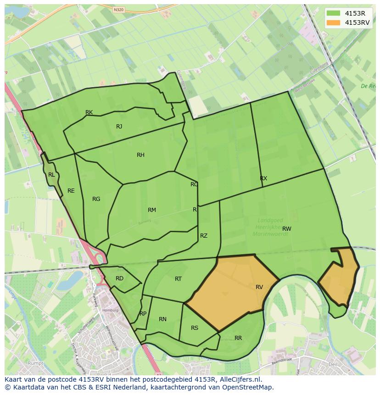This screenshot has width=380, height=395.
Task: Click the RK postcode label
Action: click(89, 112)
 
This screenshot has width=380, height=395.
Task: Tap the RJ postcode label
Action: click(119, 127)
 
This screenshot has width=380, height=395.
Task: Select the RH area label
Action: click(140, 155)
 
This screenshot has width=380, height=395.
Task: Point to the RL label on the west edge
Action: click(51, 175)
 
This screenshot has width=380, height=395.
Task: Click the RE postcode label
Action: click(71, 191)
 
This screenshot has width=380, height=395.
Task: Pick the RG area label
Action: click(96, 199)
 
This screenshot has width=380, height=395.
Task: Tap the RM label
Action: click(152, 210)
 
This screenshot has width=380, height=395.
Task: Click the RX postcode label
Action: click(263, 178)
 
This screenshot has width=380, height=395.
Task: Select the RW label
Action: click(287, 229)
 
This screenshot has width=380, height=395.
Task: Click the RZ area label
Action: click(204, 236)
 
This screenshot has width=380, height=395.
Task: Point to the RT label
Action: click(179, 279)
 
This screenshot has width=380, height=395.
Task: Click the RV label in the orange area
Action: click(259, 287)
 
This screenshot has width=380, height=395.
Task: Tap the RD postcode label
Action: click(119, 278)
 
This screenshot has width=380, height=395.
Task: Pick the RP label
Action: click(143, 314)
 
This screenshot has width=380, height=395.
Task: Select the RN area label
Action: click(162, 319)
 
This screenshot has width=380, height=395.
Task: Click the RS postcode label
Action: click(195, 328)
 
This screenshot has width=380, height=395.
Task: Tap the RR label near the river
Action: click(238, 338)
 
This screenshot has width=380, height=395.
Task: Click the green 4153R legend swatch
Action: click(333, 13)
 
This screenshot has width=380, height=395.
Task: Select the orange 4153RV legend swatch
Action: click(333, 22)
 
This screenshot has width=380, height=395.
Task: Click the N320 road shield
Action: click(119, 9)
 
